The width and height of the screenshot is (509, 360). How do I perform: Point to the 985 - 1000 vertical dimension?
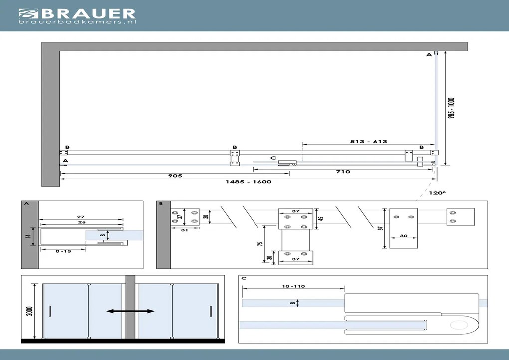point(452,108)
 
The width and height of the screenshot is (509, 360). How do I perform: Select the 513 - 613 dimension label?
point(369,141)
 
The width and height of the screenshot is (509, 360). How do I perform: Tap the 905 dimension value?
point(175,176)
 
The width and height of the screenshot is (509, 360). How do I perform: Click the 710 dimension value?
point(343,172)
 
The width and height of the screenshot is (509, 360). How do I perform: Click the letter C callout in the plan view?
point(273,158)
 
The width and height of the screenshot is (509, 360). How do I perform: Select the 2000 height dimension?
point(30,311)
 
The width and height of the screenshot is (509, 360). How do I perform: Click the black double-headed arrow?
point(130,311)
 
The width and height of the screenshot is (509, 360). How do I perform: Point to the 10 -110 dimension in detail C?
point(293,286)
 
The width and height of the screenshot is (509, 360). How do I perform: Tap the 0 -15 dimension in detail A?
point(63,251)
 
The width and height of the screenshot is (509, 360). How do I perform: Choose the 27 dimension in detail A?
point(80,217)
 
